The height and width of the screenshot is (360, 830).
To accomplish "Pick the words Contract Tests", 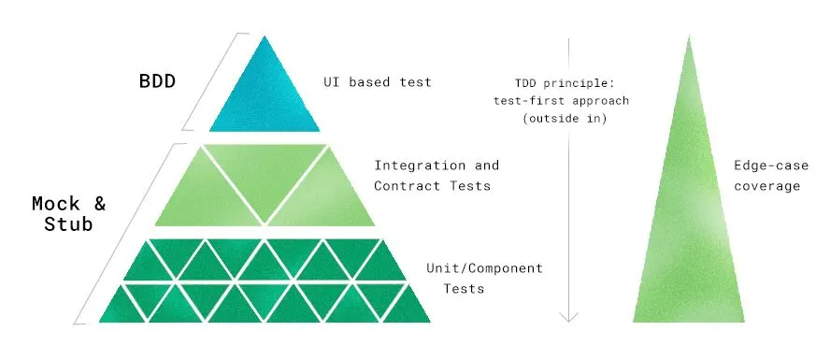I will [x=432, y=186].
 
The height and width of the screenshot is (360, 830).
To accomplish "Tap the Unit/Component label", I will [x=483, y=268].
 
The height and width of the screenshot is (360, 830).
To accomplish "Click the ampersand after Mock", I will [x=96, y=203].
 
